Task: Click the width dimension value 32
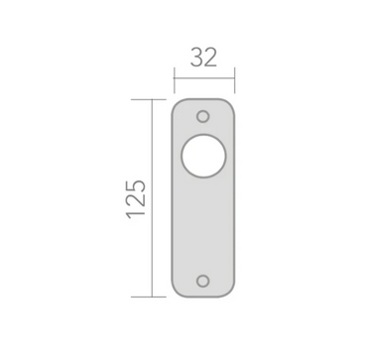coord(204,58)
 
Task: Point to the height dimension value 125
coord(137,198)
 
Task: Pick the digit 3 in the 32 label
coord(195,58)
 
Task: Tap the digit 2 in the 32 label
coord(212,58)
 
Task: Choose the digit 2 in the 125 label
coord(137,198)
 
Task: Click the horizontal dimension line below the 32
coord(204,75)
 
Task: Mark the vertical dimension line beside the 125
coord(155,198)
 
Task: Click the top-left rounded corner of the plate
coord(178,103)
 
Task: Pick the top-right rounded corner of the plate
coord(231,103)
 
